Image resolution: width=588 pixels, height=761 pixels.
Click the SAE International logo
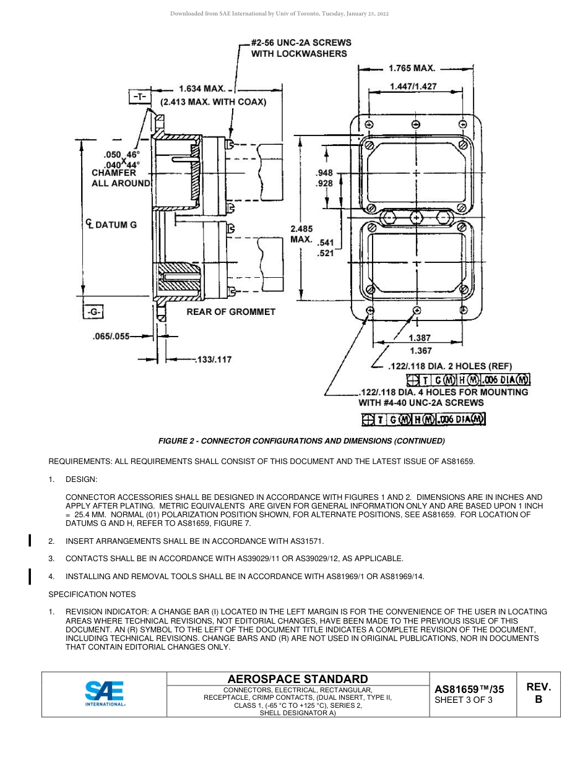click(x=105, y=694)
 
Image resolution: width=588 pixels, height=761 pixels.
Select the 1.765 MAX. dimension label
click(x=412, y=68)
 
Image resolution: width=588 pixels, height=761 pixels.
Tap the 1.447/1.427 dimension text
click(x=413, y=87)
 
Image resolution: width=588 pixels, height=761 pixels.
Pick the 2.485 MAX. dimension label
click(x=301, y=233)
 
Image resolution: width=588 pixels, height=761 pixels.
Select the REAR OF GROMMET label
click(x=231, y=312)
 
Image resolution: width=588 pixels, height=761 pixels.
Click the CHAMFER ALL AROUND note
click(x=121, y=178)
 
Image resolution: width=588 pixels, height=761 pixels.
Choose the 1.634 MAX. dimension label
click(x=202, y=89)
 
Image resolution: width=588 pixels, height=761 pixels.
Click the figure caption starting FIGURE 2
click(x=301, y=441)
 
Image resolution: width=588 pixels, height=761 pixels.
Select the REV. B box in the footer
click(x=538, y=694)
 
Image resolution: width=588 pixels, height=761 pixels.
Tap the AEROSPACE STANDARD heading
click(x=298, y=679)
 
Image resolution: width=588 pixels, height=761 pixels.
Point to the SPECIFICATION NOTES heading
click(x=92, y=595)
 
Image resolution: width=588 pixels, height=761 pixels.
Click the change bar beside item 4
click(x=30, y=577)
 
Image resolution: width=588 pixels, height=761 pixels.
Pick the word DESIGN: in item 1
click(x=81, y=479)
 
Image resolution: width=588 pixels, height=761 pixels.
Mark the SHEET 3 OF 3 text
click(x=464, y=700)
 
